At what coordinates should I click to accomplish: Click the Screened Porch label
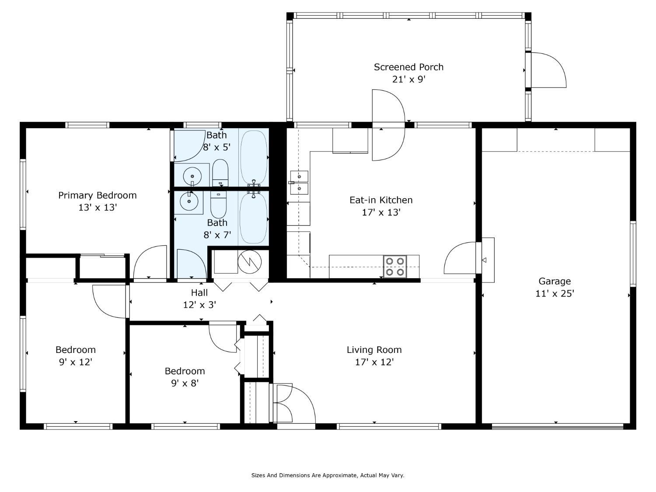tap(408, 67)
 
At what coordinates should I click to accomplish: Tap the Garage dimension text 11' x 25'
tap(555, 293)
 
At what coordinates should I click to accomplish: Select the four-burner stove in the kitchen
tap(395, 266)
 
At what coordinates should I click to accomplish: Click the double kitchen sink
tap(299, 182)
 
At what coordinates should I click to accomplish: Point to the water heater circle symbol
tap(250, 262)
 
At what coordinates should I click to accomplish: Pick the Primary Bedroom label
tap(98, 195)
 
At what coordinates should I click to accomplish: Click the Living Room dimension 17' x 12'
tap(374, 362)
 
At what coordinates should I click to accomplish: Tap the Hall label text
tap(199, 293)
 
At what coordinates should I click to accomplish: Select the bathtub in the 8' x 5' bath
tap(254, 157)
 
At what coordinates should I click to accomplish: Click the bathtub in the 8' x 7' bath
tap(253, 218)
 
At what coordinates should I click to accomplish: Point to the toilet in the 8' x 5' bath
tap(220, 173)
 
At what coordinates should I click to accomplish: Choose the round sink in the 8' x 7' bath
tap(189, 201)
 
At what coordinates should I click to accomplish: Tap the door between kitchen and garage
tap(460, 258)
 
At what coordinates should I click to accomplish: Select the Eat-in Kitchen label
tap(381, 200)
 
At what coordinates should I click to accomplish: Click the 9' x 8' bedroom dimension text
tap(185, 383)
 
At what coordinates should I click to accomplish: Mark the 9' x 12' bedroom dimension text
tap(75, 362)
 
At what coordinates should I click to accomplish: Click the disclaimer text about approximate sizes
tap(328, 475)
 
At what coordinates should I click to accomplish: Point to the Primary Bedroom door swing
tap(150, 262)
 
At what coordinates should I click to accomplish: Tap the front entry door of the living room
tap(296, 403)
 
